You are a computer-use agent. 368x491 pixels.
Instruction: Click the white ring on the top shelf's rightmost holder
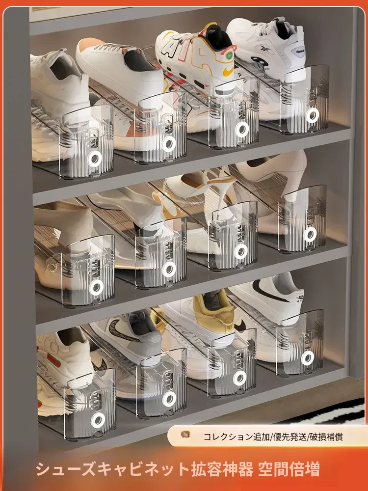(312, 115)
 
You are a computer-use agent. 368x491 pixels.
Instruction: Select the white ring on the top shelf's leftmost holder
(95, 159)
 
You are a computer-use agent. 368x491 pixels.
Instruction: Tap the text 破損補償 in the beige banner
(326, 437)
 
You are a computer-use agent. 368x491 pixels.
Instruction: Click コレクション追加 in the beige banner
(237, 437)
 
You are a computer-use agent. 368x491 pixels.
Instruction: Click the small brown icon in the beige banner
(185, 435)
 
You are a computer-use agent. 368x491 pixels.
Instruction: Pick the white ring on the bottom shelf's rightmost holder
(307, 358)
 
